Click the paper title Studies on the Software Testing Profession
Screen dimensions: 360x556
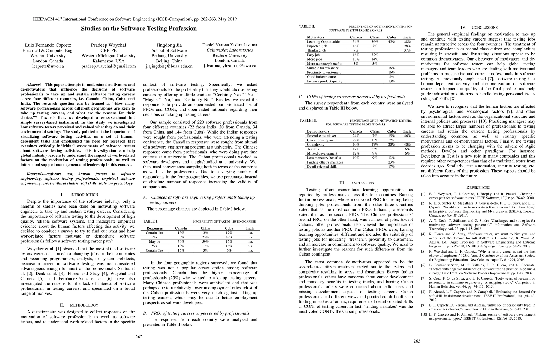[x=139, y=28]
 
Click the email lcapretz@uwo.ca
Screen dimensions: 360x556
[x=48, y=66]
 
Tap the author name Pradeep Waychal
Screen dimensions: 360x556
[x=109, y=45]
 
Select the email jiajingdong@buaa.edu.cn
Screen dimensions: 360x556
[x=169, y=66]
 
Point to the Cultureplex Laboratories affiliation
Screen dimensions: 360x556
[x=230, y=50]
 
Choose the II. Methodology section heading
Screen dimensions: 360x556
[x=79, y=305]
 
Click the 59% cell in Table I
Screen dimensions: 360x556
[x=205, y=241]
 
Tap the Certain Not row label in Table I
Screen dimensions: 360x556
[x=154, y=233]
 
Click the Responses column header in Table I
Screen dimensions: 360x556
[x=154, y=228]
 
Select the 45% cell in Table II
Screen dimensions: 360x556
[x=391, y=42]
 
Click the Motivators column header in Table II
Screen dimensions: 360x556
[x=315, y=37]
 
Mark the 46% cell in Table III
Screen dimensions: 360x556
[x=407, y=136]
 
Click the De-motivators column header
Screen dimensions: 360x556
[x=318, y=131]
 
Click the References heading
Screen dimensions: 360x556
[x=478, y=187]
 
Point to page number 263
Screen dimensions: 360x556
[x=417, y=341]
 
